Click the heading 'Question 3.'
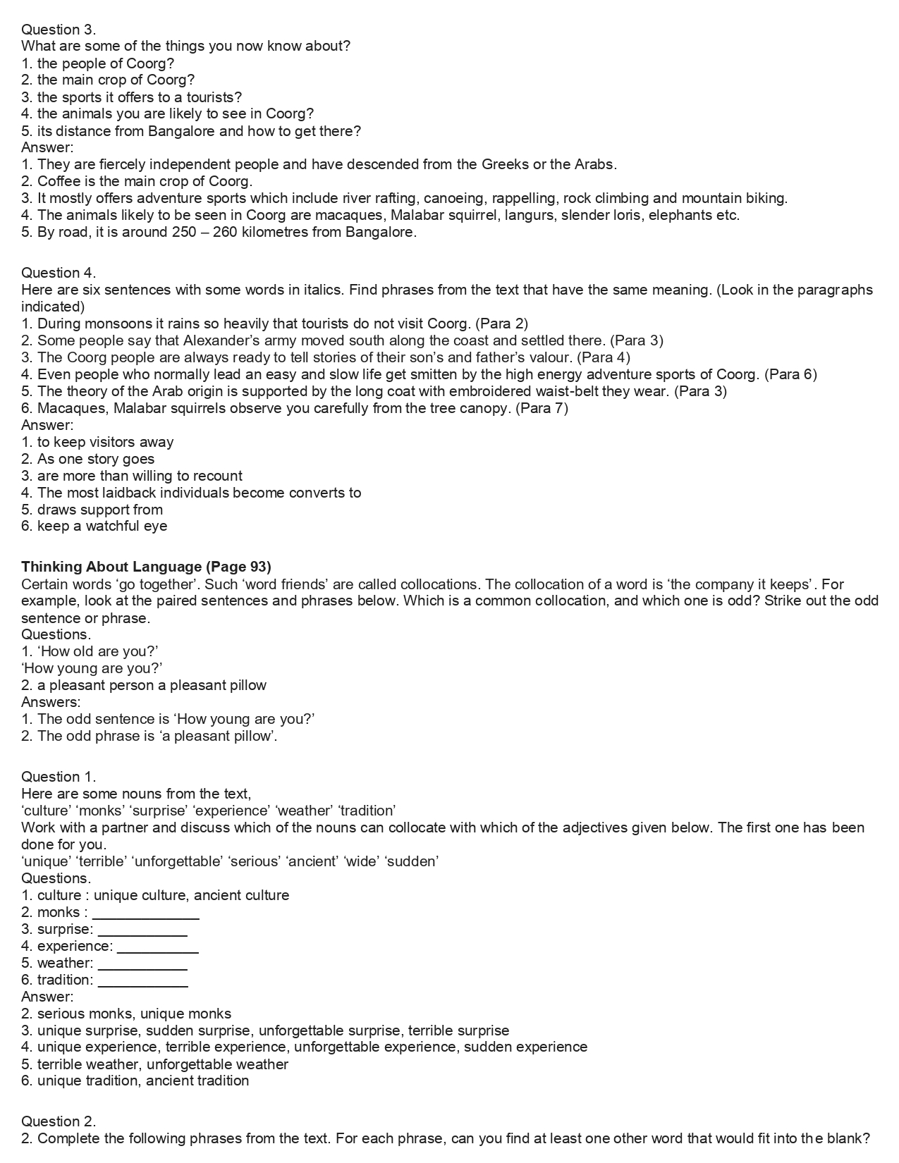(59, 30)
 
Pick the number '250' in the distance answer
(184, 232)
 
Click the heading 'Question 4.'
(59, 273)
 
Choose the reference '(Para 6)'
(790, 374)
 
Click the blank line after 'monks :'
(146, 914)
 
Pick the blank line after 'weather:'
(142, 965)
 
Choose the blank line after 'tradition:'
(143, 982)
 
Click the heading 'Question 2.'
(59, 1121)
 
